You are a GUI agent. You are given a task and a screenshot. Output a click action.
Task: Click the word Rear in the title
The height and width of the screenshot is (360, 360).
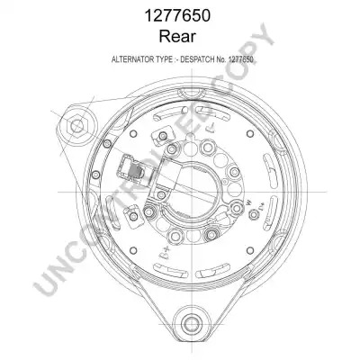pos(177,36)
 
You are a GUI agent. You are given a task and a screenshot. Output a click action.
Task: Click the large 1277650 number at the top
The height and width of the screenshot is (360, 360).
pos(177,15)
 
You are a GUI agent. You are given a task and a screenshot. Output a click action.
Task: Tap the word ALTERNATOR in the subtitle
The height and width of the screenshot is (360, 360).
pos(132,59)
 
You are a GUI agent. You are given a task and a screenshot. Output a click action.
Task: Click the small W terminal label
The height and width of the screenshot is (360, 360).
pos(248,203)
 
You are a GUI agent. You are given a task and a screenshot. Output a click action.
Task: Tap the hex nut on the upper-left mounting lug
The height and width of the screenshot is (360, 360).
pos(77,125)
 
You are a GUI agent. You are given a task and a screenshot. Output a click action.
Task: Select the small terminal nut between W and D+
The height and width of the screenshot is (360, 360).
pos(255,214)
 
